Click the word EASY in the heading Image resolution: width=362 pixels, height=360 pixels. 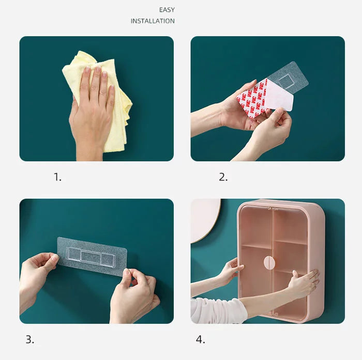(x=167, y=10)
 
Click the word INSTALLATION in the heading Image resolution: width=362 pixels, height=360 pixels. (x=153, y=21)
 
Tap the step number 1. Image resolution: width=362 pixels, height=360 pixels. (x=57, y=177)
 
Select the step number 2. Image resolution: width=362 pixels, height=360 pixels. (x=223, y=177)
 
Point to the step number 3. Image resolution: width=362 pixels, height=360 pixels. (x=30, y=339)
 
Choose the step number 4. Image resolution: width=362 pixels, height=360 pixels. (x=200, y=339)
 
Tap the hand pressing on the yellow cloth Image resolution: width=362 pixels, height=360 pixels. (x=93, y=111)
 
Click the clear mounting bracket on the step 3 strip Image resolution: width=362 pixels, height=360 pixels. (x=90, y=256)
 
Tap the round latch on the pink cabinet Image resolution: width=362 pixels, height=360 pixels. (x=269, y=263)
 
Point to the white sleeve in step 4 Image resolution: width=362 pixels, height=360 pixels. (x=217, y=311)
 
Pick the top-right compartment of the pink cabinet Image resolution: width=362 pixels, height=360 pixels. (x=290, y=226)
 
